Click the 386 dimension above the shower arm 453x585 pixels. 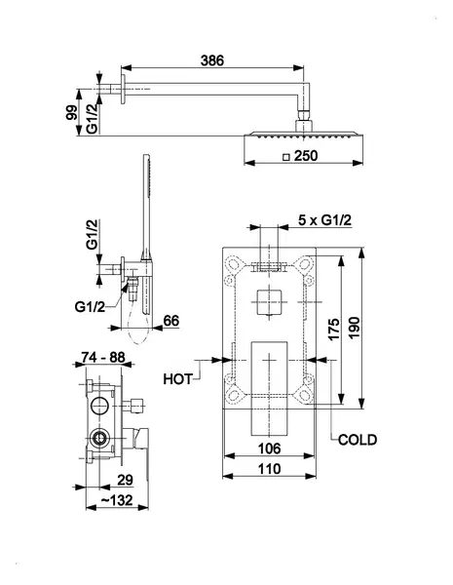coord(212,60)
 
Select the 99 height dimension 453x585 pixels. coord(71,113)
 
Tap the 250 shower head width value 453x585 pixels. coord(306,156)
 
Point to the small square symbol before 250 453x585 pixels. coord(286,157)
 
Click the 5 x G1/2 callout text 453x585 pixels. coord(324,220)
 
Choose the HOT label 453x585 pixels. coord(178,379)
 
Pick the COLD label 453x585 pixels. coord(358,440)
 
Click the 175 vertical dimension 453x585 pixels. coord(334,329)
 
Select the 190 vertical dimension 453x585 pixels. coord(354,328)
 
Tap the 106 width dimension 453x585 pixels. coord(269,448)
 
